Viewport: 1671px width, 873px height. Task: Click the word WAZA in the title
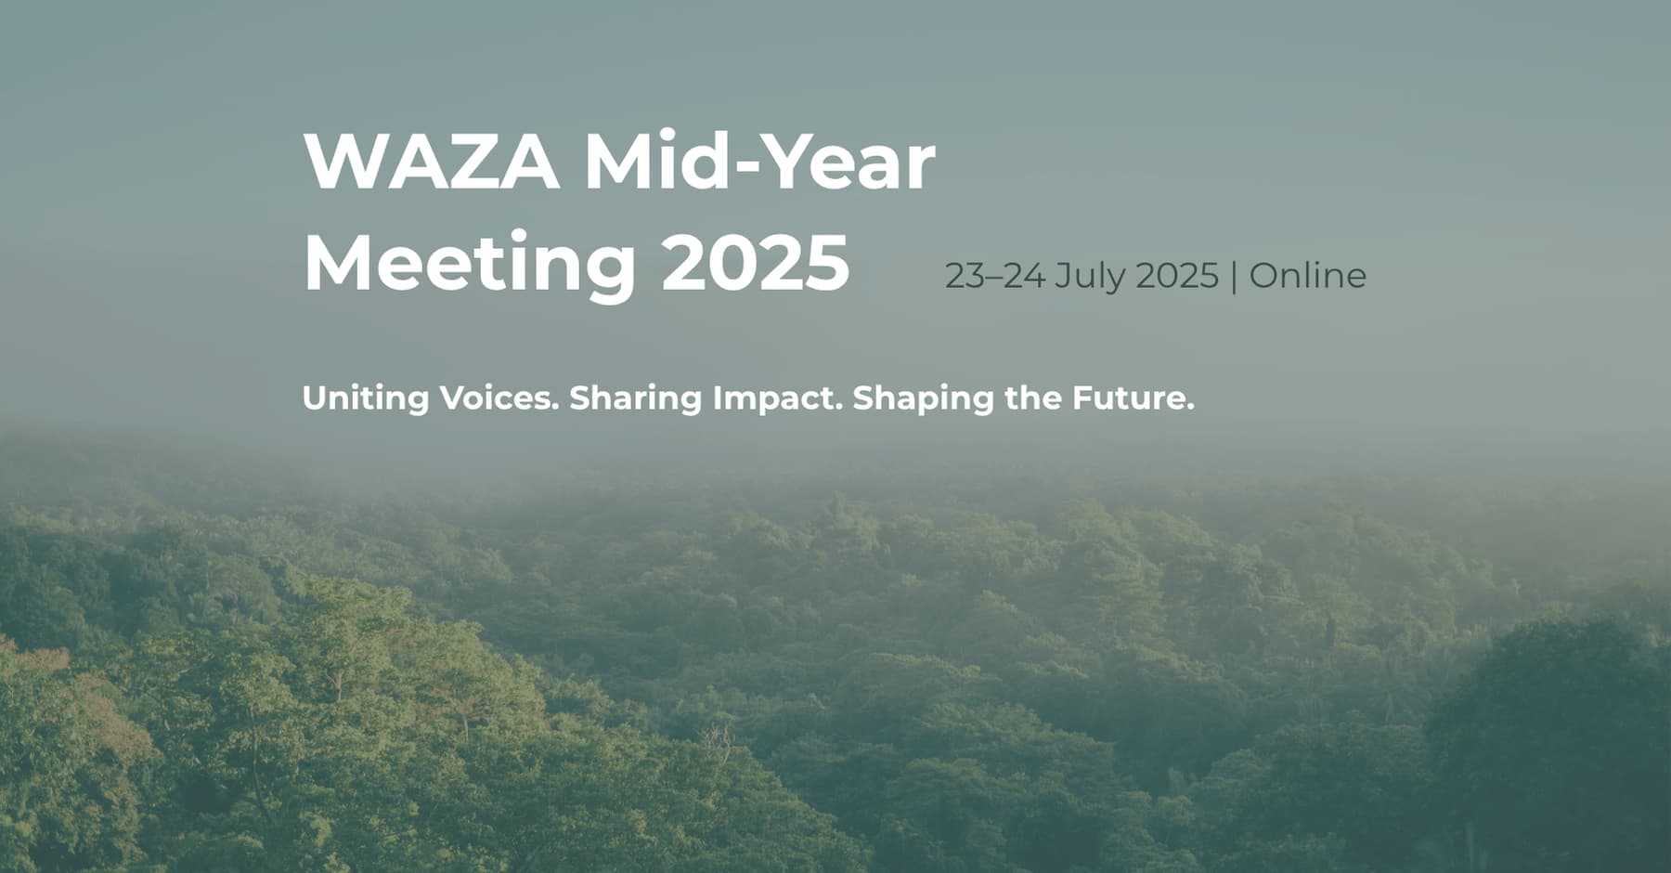pyautogui.click(x=432, y=163)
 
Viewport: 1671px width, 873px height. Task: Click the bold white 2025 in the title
pyautogui.click(x=755, y=264)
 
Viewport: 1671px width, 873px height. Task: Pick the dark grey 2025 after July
pyautogui.click(x=1177, y=276)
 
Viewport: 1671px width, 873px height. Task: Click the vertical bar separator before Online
pyautogui.click(x=1234, y=277)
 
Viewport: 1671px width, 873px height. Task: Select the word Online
pyautogui.click(x=1308, y=275)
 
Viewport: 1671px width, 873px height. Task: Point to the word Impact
pyautogui.click(x=778, y=399)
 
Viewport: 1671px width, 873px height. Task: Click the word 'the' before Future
pyautogui.click(x=1034, y=398)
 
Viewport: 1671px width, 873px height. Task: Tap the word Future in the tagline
pyautogui.click(x=1129, y=398)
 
